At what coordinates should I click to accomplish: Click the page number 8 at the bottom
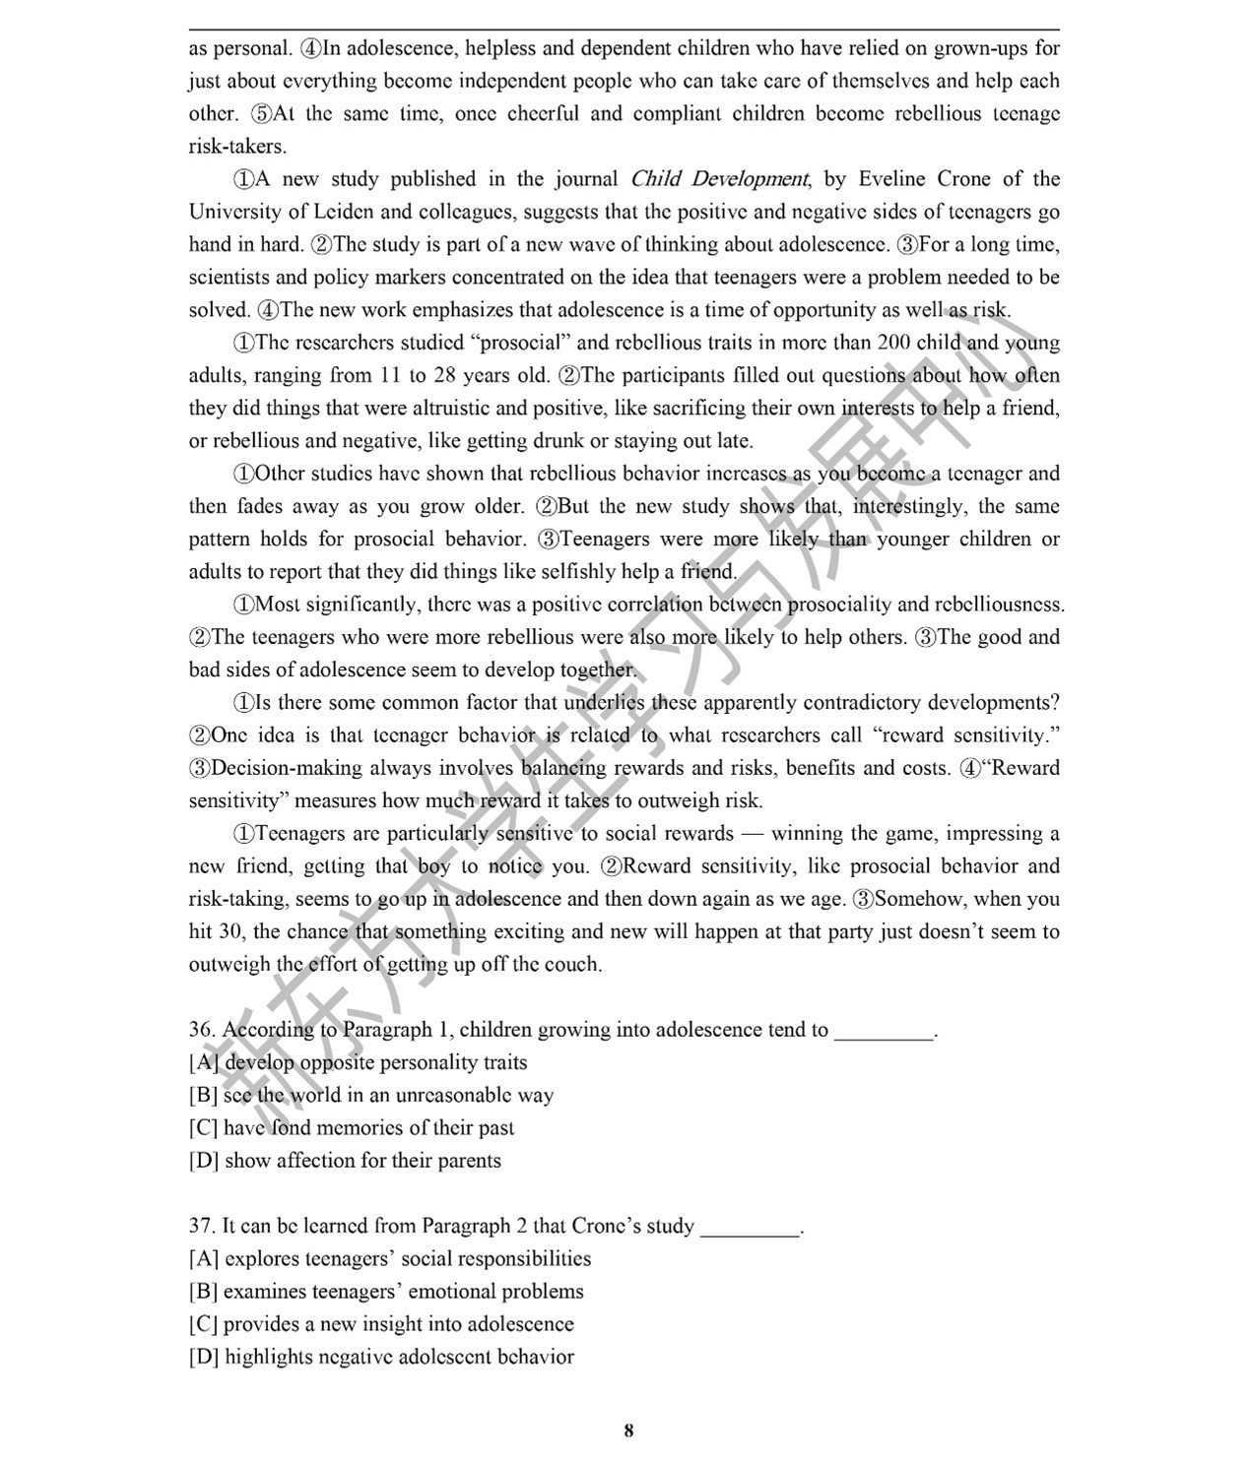tap(628, 1431)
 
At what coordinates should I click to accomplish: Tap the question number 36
tap(201, 1030)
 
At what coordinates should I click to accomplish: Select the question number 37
tap(201, 1226)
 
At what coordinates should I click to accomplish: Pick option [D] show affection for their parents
tap(345, 1160)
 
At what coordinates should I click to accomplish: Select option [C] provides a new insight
tap(381, 1323)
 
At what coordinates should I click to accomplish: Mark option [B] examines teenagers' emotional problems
tap(386, 1291)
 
